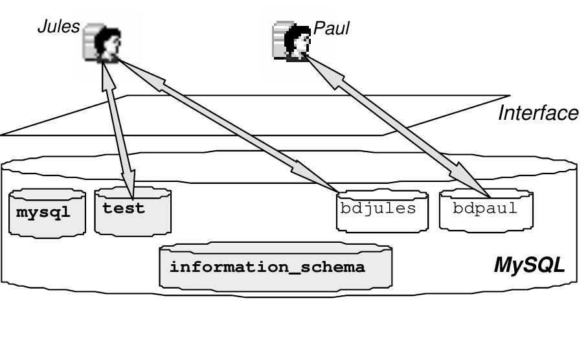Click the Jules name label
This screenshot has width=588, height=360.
click(x=58, y=27)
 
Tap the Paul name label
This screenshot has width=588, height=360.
click(x=331, y=29)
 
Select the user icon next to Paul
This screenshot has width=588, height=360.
click(x=290, y=41)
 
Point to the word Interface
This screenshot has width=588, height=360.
click(x=537, y=113)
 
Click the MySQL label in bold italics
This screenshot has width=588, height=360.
click(x=529, y=265)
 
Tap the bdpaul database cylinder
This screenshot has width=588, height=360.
click(x=485, y=209)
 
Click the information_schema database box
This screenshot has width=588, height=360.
click(x=275, y=266)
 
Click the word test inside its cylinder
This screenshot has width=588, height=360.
click(x=124, y=208)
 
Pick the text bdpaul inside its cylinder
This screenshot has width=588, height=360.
click(x=485, y=208)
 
